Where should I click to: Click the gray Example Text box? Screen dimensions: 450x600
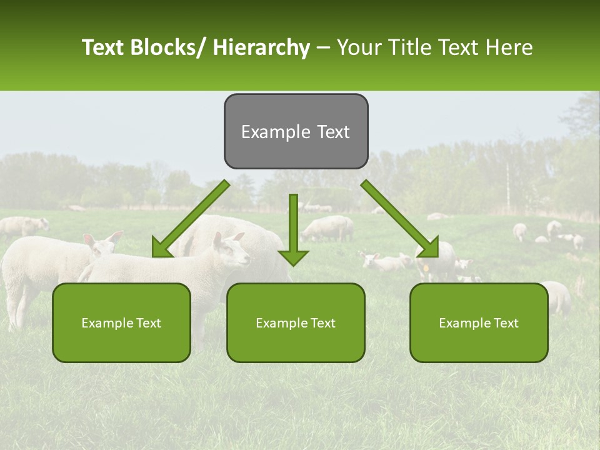coord(296,131)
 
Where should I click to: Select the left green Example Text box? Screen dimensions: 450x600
coord(121,322)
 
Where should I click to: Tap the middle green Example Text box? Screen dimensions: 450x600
coord(296,322)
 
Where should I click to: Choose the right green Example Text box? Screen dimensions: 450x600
coord(479,322)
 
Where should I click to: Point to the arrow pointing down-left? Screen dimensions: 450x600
coord(191,219)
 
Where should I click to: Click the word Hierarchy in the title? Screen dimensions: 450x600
coord(261,47)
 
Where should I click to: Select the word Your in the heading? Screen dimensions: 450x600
coord(357,47)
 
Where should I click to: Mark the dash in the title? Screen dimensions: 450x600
coord(323,48)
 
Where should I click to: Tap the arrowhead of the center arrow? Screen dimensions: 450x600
coord(294,257)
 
